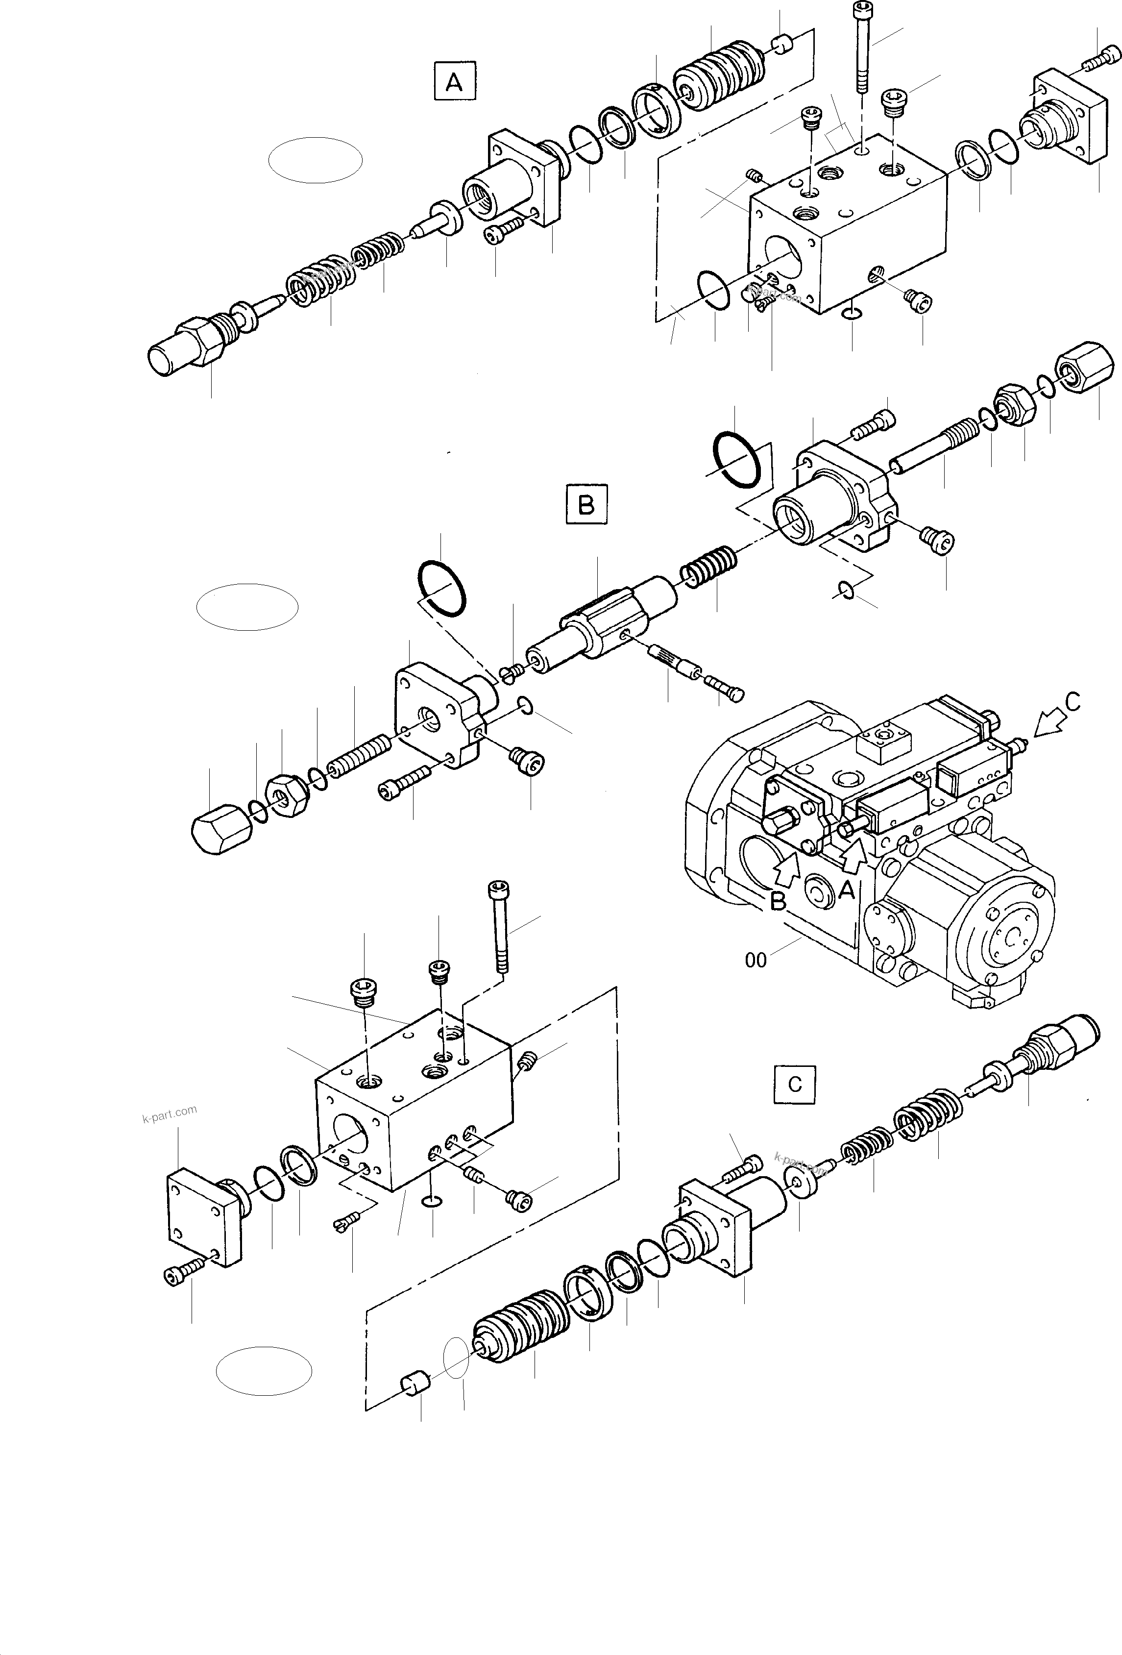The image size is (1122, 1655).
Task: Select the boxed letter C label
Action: [x=795, y=1084]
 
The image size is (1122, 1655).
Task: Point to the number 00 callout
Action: [x=756, y=961]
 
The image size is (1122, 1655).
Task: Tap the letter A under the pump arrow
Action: [x=846, y=889]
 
